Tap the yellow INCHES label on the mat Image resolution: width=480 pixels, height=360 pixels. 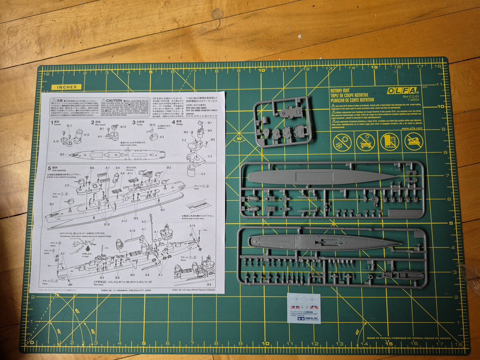(x=66, y=87)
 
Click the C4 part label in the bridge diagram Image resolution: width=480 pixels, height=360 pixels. (x=203, y=174)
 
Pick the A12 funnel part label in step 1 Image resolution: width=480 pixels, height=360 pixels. (x=86, y=135)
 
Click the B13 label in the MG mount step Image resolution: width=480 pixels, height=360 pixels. (x=123, y=127)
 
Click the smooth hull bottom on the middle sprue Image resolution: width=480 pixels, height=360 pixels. (x=319, y=177)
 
